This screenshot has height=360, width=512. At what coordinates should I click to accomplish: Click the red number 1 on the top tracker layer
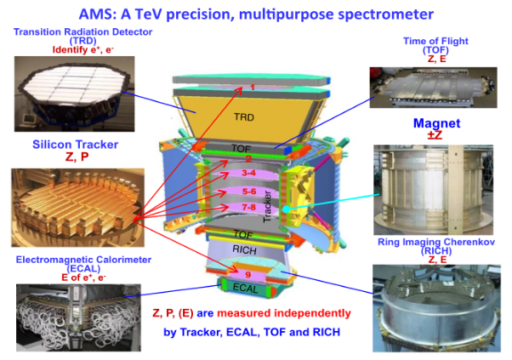(x=253, y=87)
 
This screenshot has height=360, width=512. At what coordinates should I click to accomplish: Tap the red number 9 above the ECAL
(x=248, y=275)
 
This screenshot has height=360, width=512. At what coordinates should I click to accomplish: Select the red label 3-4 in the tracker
(x=249, y=173)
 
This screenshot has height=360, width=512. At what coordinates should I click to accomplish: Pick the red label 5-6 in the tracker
(x=249, y=191)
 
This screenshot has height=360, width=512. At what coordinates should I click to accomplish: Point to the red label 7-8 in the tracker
(x=249, y=207)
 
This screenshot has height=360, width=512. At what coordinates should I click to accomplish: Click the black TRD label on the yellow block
(x=244, y=117)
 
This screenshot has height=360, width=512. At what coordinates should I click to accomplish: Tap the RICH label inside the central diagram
(x=244, y=250)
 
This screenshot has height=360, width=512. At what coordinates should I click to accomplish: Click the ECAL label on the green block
(x=245, y=289)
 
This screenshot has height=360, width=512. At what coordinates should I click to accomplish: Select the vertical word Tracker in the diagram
(x=267, y=207)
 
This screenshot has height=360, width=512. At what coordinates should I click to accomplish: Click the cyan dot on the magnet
(x=286, y=209)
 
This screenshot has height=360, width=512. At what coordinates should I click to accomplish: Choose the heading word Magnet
(x=437, y=123)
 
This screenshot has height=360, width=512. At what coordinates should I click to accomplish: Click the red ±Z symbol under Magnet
(x=435, y=135)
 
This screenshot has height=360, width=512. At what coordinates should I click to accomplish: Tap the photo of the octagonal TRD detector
(x=75, y=94)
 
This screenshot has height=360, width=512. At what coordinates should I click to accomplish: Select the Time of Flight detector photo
(x=433, y=88)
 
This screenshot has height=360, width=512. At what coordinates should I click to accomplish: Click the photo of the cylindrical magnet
(x=433, y=190)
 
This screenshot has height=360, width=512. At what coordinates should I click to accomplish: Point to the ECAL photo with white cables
(x=78, y=317)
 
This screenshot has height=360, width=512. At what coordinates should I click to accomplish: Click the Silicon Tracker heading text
(x=75, y=145)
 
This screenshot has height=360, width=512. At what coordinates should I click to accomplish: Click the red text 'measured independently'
(x=284, y=313)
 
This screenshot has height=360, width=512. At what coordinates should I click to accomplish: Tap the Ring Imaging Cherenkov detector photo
(x=436, y=308)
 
